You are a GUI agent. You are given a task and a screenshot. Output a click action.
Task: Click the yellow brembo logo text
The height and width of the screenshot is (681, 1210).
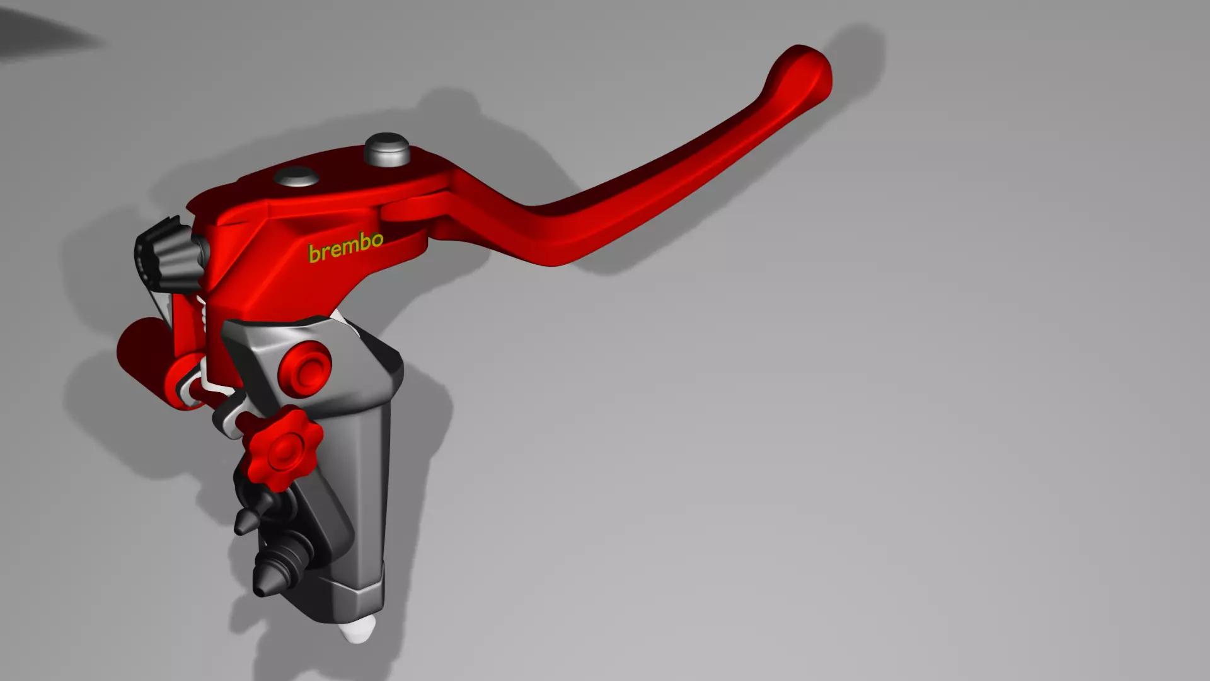(345, 247)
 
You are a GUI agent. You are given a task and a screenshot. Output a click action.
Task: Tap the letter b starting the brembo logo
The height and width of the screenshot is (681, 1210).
(313, 253)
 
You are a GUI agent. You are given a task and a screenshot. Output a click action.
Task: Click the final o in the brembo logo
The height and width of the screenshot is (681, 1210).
(376, 240)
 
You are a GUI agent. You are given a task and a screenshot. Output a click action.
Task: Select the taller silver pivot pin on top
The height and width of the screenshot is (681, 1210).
(387, 149)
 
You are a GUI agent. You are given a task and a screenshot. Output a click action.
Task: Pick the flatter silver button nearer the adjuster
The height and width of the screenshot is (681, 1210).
(296, 177)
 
